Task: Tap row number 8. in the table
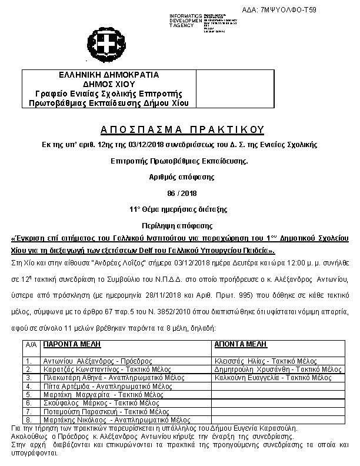[28, 420]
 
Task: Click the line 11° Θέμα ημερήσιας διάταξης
[179, 209]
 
